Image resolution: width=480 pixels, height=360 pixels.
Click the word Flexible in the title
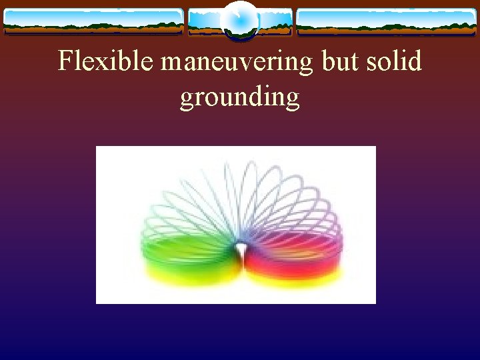[x=107, y=62]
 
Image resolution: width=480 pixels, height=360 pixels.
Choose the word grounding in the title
[x=239, y=97]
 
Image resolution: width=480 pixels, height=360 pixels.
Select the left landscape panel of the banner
[x=93, y=21]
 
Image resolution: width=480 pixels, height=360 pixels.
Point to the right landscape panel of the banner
[x=386, y=21]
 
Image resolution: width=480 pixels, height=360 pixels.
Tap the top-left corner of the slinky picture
[x=97, y=147]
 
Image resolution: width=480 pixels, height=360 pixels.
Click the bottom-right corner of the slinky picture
[x=375, y=303]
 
